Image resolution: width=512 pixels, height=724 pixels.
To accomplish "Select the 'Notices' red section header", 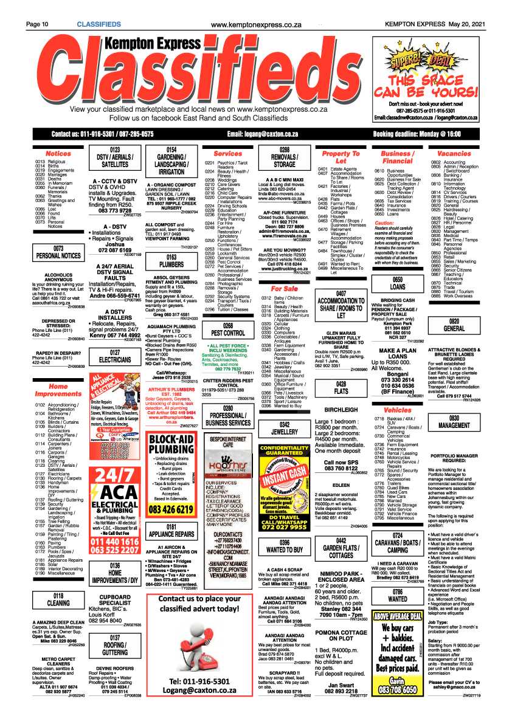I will pos(58,153).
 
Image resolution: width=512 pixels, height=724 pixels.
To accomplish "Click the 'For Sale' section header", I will pos(285,288).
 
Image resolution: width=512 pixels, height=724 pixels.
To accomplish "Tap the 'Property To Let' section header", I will pos(341,157).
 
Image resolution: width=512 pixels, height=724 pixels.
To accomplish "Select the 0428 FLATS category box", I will pos(341,388).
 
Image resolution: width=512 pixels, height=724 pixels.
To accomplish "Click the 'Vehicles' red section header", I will pos(398,410).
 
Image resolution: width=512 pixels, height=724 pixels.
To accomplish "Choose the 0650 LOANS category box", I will pos(398,283).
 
